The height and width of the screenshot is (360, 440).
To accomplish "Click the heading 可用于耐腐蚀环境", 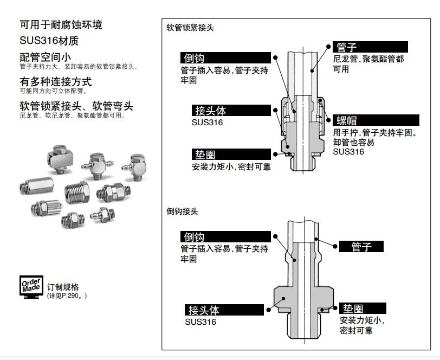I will [61, 24].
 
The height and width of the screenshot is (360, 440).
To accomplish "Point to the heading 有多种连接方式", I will [56, 82].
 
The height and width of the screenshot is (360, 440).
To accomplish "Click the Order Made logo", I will [31, 288].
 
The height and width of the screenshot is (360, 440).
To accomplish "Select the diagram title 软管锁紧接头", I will [190, 28].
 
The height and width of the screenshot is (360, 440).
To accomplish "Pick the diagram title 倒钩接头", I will [182, 211].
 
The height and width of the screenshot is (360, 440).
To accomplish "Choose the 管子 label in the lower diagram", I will [361, 247].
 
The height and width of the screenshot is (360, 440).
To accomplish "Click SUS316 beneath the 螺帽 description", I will [348, 152].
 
